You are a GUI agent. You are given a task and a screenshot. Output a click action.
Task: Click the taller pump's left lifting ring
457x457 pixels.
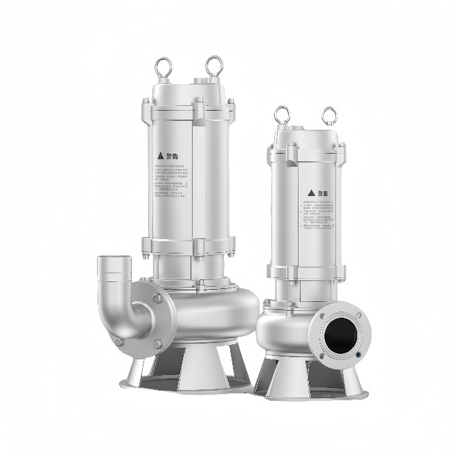click(165, 66)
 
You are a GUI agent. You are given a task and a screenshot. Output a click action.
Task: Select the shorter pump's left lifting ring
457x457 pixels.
click(282, 115)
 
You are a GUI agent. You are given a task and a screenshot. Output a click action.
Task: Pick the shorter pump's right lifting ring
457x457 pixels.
click(330, 115)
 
